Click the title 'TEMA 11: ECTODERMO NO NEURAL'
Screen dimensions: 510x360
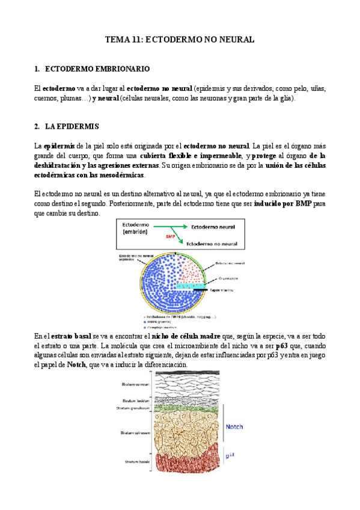pos(180,40)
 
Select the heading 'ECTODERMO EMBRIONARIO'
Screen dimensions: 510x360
pos(97,69)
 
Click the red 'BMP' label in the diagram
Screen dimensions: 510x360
pos(162,236)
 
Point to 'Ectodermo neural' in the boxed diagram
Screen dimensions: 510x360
pos(214,228)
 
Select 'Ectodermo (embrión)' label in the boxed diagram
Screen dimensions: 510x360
pos(139,228)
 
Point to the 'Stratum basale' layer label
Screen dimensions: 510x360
pos(132,462)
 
